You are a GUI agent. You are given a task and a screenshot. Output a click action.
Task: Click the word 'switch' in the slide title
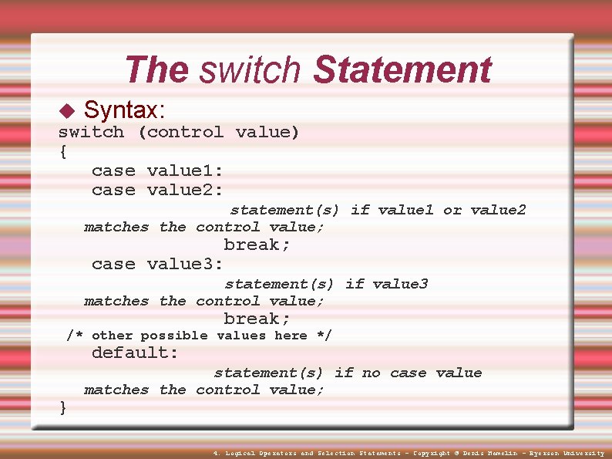(250, 70)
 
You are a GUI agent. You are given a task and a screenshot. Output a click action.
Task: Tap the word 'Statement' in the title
(402, 70)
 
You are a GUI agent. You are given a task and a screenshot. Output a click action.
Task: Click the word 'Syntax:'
(127, 110)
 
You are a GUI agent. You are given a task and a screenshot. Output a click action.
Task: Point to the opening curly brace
(62, 151)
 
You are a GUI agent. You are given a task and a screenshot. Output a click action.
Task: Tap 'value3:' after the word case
(185, 264)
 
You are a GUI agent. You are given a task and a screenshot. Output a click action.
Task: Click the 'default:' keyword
(135, 353)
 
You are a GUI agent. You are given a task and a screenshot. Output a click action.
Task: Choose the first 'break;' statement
(257, 245)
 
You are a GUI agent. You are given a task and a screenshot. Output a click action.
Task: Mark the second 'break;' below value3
(257, 319)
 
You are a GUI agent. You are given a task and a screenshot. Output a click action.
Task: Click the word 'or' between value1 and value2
(452, 210)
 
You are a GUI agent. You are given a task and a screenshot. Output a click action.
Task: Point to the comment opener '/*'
(75, 336)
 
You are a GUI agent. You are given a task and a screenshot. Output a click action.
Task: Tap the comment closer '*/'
(324, 336)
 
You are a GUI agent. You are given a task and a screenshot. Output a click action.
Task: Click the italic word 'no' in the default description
(372, 373)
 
